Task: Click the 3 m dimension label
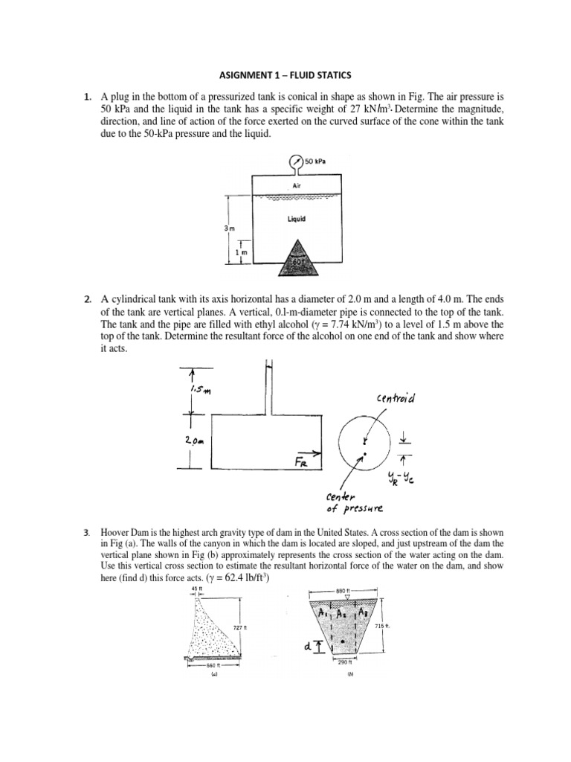[x=228, y=229]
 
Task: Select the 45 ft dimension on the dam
[x=196, y=589]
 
